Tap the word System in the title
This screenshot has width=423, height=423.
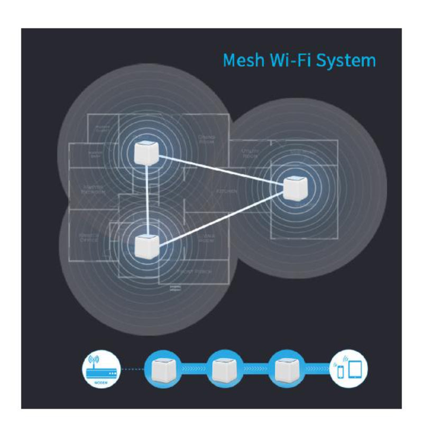[x=344, y=60]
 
